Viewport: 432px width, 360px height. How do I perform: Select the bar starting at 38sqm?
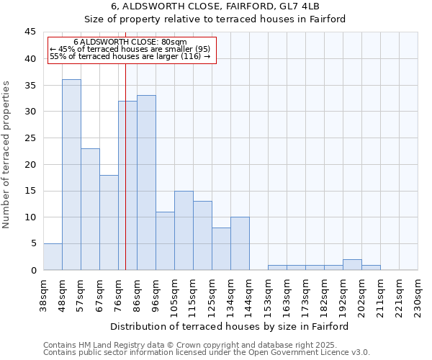(53, 256)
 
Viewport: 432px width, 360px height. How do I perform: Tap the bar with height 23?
(90, 209)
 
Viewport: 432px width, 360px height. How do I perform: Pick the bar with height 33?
(146, 182)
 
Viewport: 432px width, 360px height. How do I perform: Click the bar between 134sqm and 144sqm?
(240, 243)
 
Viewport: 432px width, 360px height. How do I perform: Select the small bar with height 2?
(352, 264)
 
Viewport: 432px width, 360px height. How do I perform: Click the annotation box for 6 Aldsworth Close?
(132, 50)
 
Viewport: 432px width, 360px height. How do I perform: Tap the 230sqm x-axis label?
(418, 294)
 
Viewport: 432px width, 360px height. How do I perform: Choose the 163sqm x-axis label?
(287, 294)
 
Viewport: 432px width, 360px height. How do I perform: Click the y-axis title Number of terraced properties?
(7, 155)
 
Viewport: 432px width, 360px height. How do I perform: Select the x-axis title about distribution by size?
(230, 326)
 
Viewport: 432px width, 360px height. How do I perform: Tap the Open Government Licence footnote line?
(207, 353)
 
